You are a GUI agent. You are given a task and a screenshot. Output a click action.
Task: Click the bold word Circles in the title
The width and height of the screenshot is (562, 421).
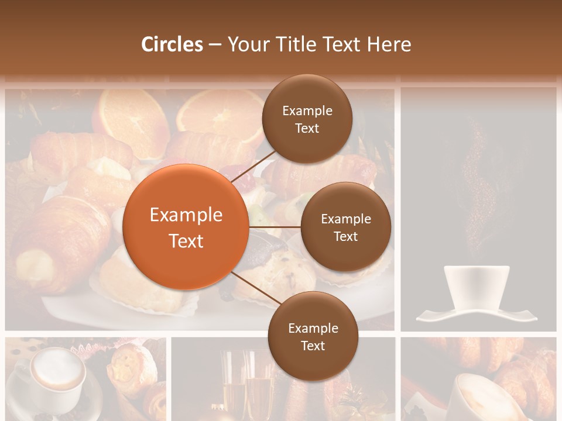(x=172, y=44)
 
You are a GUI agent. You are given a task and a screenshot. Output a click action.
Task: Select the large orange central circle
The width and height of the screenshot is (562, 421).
(x=186, y=227)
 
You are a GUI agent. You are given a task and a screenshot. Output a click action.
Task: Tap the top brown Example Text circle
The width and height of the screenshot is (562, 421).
(x=307, y=119)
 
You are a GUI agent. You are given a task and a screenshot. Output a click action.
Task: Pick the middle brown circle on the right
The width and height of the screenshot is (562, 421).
(x=345, y=227)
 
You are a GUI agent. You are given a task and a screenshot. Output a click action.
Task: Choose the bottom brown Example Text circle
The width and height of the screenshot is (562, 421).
(x=313, y=336)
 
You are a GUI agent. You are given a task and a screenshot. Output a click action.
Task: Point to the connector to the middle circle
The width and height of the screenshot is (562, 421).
(x=275, y=227)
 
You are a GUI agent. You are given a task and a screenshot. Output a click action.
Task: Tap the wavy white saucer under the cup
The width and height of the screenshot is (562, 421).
(x=477, y=316)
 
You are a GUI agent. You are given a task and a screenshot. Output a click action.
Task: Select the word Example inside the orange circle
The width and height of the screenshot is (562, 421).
(x=186, y=215)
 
